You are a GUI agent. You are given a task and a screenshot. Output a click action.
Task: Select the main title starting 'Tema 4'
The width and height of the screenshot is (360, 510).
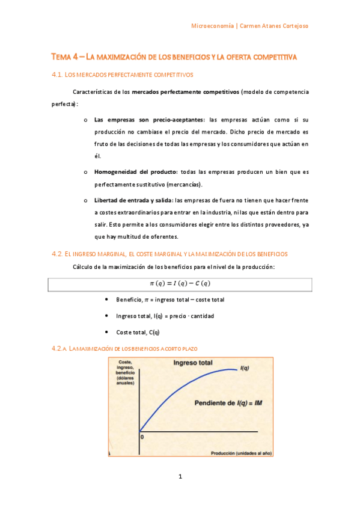click(174, 57)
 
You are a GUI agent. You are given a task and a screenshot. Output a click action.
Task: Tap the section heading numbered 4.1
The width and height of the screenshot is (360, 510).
click(123, 75)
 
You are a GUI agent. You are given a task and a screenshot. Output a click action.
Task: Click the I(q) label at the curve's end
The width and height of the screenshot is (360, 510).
click(245, 368)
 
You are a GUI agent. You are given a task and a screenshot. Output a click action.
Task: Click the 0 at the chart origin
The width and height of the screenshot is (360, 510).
click(142, 437)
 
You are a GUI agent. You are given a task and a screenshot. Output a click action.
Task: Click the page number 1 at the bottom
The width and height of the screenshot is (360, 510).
click(180, 477)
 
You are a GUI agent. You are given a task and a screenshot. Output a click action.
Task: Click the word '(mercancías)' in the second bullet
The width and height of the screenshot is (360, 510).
click(183, 184)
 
